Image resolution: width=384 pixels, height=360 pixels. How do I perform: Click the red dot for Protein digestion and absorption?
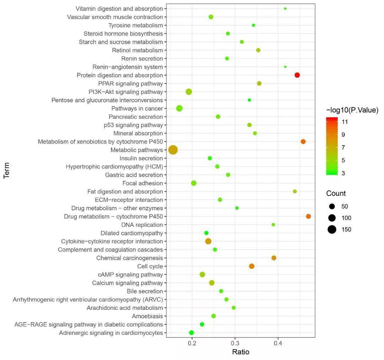[297, 75]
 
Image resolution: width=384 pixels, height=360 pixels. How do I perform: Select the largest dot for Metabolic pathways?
[173, 150]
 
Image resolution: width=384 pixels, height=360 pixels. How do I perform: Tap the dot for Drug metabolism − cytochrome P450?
[308, 216]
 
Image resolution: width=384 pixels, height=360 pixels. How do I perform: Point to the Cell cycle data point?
[252, 266]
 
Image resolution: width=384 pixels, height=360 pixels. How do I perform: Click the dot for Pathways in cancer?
[179, 108]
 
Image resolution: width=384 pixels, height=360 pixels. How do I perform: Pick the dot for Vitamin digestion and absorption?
[285, 9]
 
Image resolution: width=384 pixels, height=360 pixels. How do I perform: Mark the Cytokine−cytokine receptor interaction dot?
[208, 241]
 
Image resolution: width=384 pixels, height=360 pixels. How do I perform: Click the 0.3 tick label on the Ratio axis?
[235, 343]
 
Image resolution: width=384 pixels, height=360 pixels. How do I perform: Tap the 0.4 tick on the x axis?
[278, 343]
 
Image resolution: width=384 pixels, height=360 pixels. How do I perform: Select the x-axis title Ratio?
[241, 352]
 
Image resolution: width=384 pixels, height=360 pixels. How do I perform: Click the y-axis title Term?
[7, 171]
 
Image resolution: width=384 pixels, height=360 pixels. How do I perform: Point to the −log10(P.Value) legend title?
[352, 111]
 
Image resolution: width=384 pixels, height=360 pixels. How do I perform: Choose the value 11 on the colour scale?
[345, 122]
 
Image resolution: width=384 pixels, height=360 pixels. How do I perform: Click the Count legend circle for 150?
[332, 230]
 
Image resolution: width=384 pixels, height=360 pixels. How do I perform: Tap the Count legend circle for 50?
[332, 206]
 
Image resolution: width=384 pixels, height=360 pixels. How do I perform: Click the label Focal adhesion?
[143, 183]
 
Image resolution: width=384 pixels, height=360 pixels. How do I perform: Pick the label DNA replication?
[142, 225]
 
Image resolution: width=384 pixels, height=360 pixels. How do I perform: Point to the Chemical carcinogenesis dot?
[274, 258]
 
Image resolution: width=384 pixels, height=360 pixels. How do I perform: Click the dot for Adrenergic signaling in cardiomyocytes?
[191, 333]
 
